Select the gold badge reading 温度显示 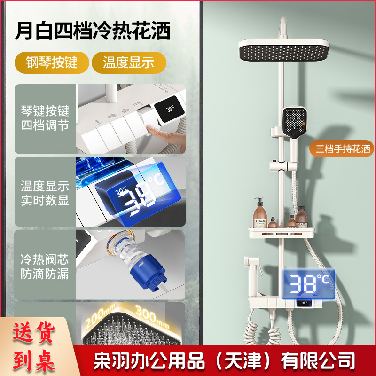click(129, 63)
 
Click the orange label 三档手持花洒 click(343, 150)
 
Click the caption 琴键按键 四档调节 click(45, 118)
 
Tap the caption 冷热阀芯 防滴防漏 click(45, 266)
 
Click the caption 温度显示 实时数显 click(45, 192)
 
